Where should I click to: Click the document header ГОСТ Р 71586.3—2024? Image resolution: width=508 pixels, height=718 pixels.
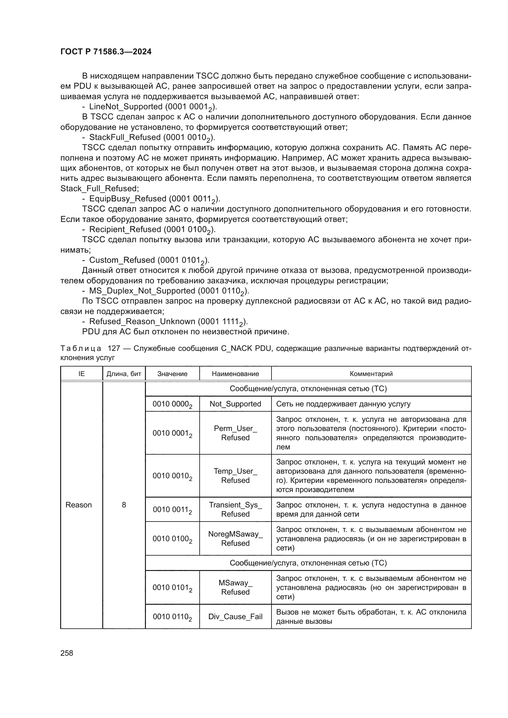[106, 52]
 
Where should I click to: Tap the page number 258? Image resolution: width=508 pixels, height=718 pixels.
[67, 653]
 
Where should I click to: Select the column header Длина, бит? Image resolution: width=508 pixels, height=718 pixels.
[124, 374]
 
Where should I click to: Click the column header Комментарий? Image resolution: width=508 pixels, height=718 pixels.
[371, 374]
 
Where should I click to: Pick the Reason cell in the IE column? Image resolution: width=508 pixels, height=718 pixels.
[79, 505]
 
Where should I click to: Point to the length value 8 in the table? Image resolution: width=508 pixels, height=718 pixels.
[124, 505]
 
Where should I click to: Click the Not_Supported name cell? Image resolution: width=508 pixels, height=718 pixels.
[235, 404]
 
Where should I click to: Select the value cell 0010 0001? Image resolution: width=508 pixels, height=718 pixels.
[172, 433]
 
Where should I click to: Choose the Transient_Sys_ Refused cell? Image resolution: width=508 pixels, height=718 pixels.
[235, 510]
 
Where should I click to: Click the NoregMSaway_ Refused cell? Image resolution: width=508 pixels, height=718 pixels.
[235, 538]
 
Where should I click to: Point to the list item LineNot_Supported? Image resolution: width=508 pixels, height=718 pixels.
[126, 107]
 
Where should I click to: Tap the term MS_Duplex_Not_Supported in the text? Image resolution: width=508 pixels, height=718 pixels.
[142, 291]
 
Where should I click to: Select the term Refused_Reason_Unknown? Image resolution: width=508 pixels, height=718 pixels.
[142, 321]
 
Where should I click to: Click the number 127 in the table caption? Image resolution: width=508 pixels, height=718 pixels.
[114, 348]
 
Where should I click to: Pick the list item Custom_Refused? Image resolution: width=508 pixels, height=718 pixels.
[122, 260]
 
